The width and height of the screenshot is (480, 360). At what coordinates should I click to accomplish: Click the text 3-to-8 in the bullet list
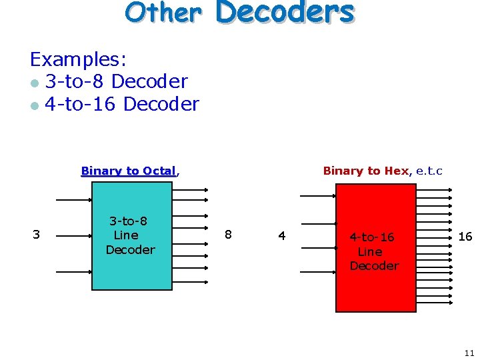click(x=75, y=82)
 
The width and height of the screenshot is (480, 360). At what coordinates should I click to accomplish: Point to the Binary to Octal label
click(x=129, y=171)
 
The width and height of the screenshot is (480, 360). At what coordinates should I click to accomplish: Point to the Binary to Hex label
click(x=365, y=171)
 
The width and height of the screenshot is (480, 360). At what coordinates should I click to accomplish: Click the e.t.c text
click(x=429, y=171)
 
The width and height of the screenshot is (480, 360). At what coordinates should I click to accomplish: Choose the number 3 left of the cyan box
click(x=37, y=234)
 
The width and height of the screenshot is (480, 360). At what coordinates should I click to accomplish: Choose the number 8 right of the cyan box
click(x=228, y=234)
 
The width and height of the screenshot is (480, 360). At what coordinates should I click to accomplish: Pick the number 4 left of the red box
click(x=282, y=235)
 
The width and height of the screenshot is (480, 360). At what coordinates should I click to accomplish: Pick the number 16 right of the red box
click(x=465, y=237)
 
